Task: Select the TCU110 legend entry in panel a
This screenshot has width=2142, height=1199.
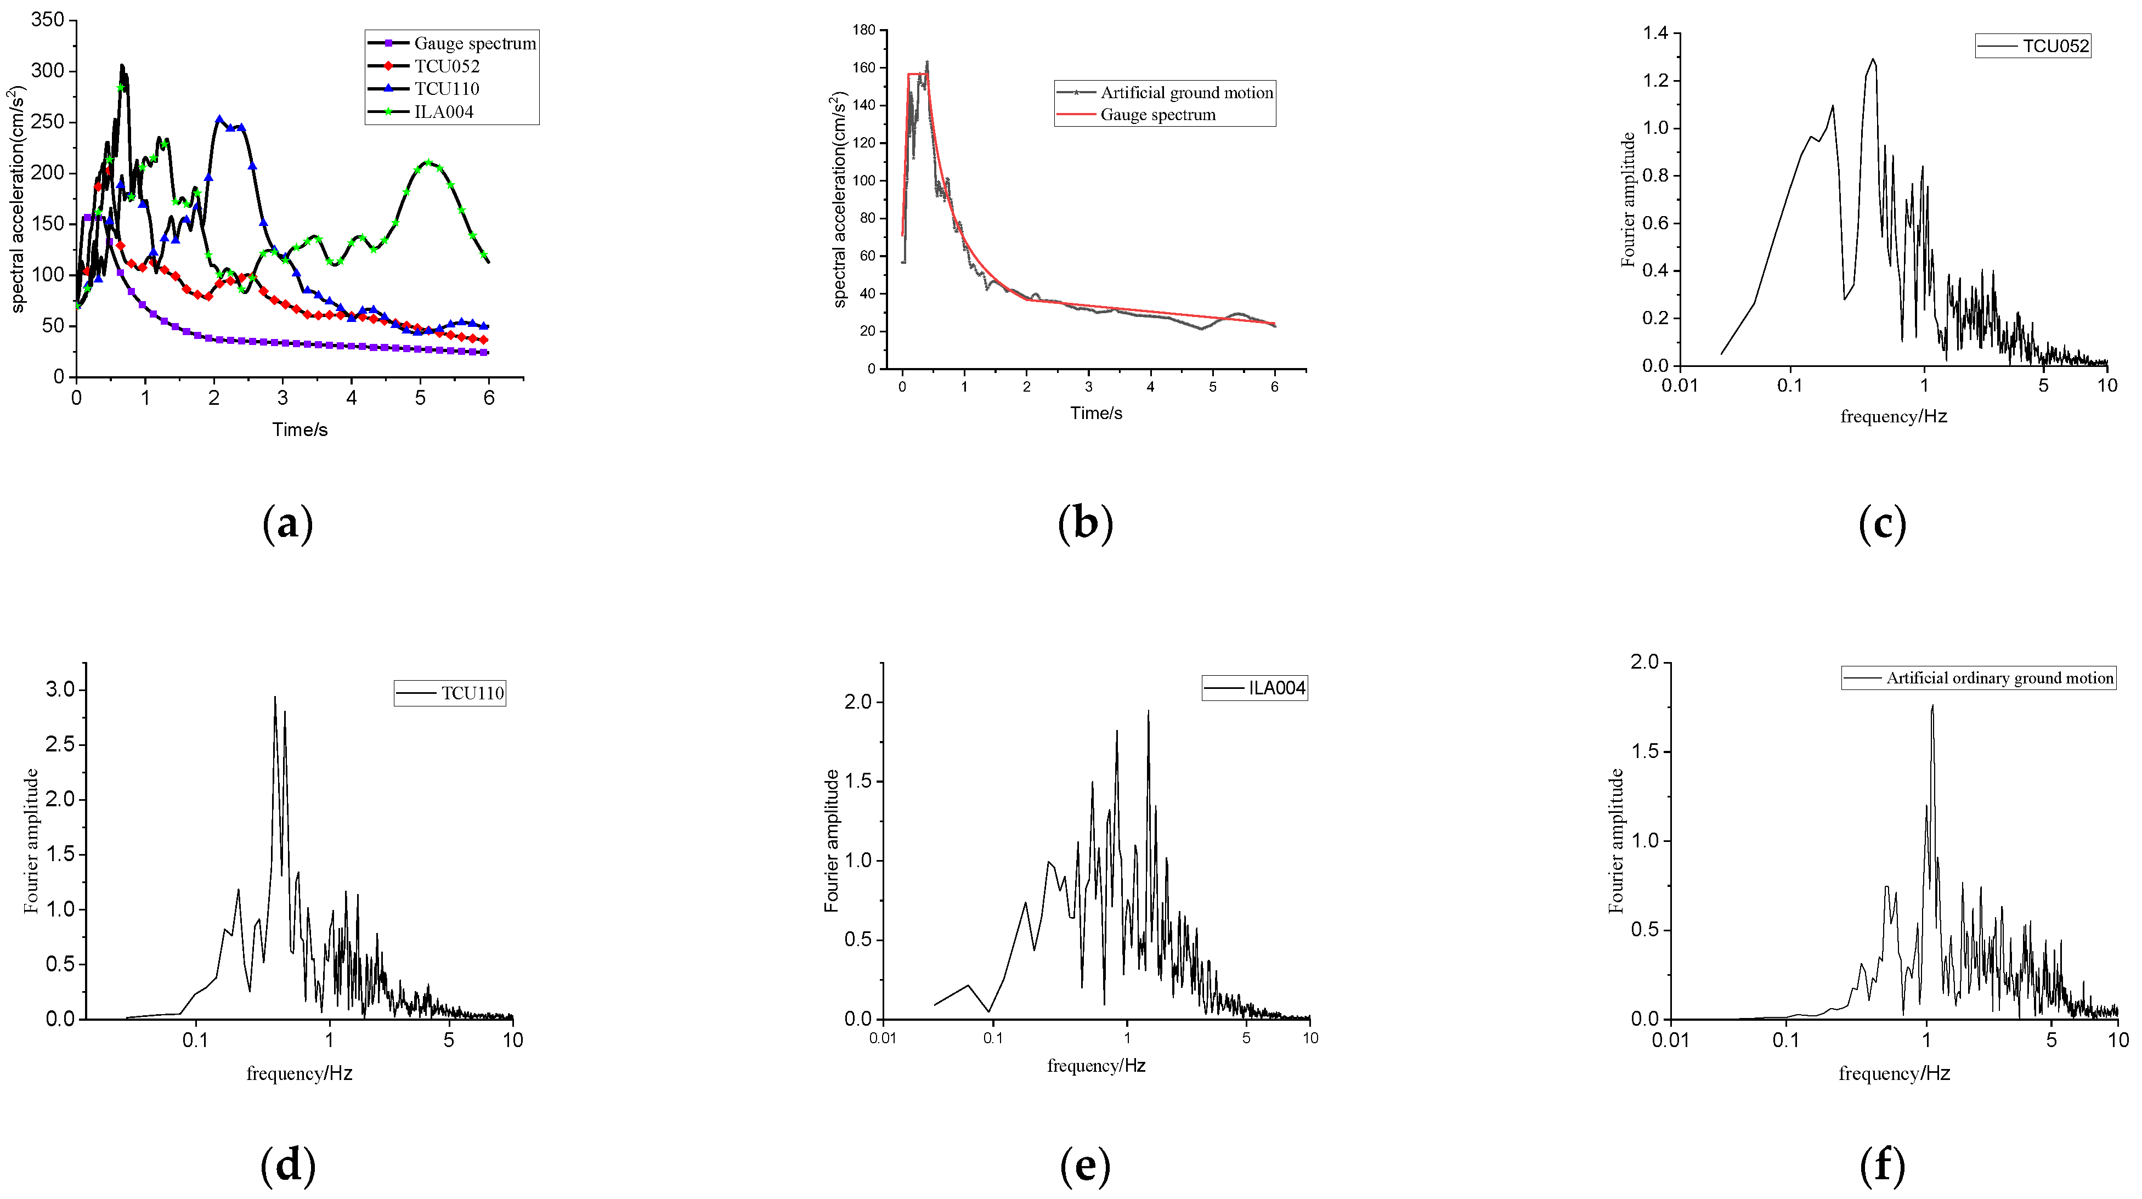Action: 447,89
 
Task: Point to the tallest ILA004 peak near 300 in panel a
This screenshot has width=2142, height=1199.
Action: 121,66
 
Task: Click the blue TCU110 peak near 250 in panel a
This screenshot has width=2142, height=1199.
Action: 219,120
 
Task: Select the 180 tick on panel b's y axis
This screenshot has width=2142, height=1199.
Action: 863,30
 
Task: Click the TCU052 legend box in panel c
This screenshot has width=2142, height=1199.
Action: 2032,46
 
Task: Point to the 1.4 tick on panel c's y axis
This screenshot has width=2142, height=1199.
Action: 1655,33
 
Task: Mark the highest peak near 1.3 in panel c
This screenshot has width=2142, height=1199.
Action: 1873,60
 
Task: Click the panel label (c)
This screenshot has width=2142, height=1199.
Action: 1882,524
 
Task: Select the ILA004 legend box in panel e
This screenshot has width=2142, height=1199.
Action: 1254,688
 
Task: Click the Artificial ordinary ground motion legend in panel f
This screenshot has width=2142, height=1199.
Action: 1978,677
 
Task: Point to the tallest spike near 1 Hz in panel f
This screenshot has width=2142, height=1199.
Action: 1931,706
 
